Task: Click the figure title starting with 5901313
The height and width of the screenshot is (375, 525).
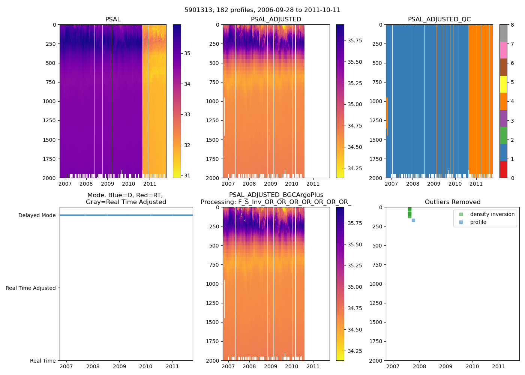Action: coord(262,10)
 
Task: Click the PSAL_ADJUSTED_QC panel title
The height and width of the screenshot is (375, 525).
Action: coord(439,19)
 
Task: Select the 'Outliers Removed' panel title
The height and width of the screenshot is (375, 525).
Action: coord(452,202)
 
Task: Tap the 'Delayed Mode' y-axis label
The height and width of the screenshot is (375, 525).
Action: coord(37,215)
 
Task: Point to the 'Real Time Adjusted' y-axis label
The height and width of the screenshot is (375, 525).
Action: coord(31,288)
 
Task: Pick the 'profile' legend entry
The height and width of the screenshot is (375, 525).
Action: coord(478,222)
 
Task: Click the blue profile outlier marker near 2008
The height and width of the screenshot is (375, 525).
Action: coord(413,220)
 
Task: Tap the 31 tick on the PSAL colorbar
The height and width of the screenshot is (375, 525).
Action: coord(187,175)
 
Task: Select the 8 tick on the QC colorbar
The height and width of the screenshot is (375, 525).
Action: coord(512,25)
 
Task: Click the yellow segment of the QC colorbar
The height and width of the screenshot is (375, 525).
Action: coord(503,84)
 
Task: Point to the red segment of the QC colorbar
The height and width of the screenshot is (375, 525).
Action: coord(503,169)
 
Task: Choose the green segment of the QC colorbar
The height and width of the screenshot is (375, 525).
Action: coord(503,135)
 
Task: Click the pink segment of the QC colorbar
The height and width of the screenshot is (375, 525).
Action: coord(503,50)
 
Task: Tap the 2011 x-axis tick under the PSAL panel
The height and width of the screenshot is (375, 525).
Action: coord(150,184)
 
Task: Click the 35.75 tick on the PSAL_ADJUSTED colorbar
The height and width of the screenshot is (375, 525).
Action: coord(354,40)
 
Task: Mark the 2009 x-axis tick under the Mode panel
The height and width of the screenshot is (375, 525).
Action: coord(120,366)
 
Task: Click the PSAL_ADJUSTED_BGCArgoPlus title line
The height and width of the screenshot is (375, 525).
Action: coord(276,195)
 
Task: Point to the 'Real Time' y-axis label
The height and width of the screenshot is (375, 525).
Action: coord(43,361)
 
